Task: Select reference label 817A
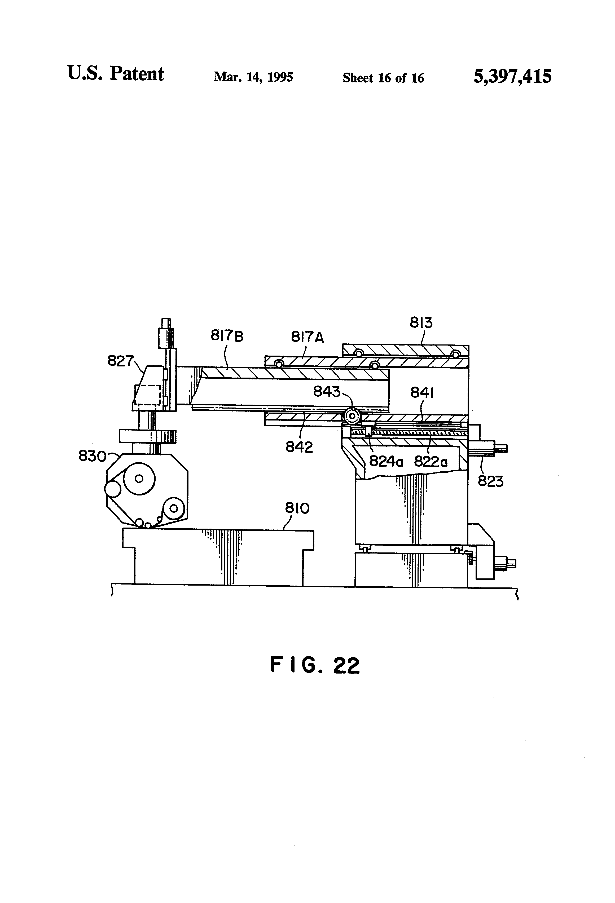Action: tap(307, 337)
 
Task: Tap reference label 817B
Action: tap(227, 335)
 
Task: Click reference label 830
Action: tap(92, 456)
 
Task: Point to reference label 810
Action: tap(297, 508)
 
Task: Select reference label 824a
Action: tap(386, 462)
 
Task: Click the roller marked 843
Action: tap(352, 416)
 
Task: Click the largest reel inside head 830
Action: tap(139, 479)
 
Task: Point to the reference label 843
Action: tap(327, 392)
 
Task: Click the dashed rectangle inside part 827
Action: tap(147, 395)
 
